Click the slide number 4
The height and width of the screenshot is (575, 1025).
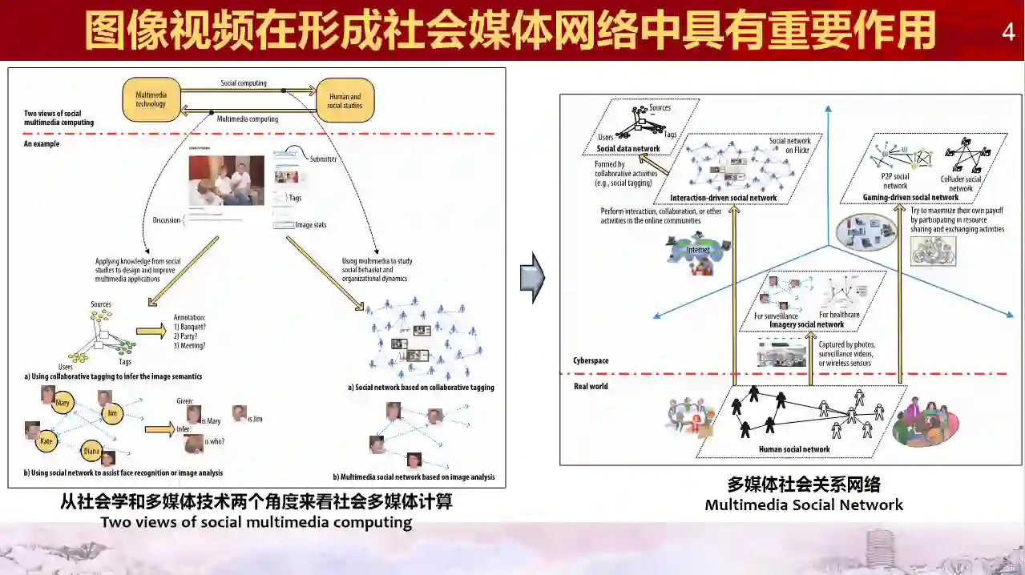point(1008,32)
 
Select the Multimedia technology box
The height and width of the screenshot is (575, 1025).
point(151,99)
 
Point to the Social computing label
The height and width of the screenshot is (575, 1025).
point(244,83)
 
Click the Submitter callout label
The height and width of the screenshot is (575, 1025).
point(323,159)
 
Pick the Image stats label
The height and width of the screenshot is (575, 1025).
point(310,225)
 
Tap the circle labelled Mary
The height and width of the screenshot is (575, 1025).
point(63,403)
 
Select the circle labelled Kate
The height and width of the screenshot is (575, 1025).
point(46,440)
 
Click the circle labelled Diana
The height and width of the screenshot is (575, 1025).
point(92,451)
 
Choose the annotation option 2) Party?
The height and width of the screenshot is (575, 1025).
point(189,336)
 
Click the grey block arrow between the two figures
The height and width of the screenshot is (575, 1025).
point(532,278)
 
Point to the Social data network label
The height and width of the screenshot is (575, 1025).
point(628,149)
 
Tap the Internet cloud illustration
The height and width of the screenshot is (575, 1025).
point(698,250)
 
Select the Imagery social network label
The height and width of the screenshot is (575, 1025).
point(806,324)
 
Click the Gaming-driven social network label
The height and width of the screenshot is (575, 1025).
point(910,197)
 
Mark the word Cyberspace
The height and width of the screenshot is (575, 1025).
point(591,361)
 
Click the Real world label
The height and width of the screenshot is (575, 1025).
point(591,386)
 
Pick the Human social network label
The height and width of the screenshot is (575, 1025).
point(794,449)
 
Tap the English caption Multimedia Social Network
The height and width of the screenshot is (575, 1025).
point(804,505)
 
